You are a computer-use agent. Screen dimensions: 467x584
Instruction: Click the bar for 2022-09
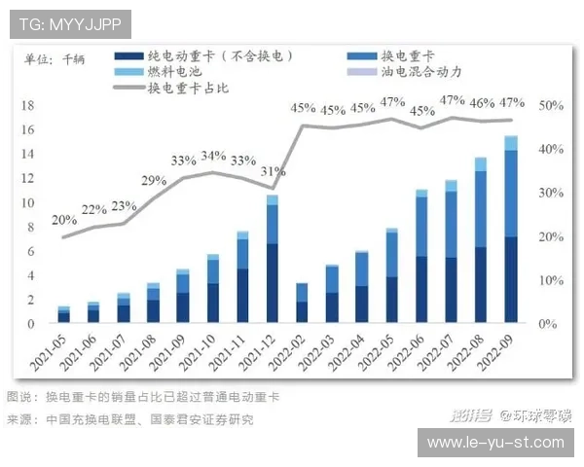click(x=510, y=230)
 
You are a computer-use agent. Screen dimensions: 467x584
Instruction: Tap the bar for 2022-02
click(x=302, y=303)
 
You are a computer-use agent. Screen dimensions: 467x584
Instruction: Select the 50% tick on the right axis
click(x=550, y=105)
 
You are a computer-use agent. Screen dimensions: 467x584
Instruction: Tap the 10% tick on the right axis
click(x=550, y=280)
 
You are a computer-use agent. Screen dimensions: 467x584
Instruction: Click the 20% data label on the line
click(x=64, y=220)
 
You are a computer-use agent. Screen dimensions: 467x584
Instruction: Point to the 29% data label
click(x=154, y=180)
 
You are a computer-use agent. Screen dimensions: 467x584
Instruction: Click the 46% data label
click(x=481, y=103)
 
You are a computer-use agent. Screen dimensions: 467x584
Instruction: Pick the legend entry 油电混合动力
click(x=420, y=72)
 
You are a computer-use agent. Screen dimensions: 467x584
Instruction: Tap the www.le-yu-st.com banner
click(x=495, y=442)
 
